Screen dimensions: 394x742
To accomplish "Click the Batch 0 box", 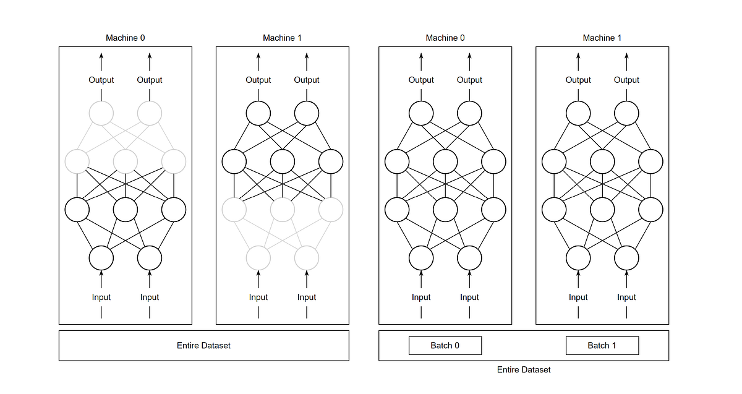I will point(445,345).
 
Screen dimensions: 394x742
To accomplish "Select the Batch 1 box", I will point(602,345).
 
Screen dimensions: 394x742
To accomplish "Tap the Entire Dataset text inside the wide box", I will point(203,345).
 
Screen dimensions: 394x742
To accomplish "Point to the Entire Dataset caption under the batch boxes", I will point(523,369).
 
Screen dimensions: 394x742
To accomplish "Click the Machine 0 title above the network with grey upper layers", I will point(126,38).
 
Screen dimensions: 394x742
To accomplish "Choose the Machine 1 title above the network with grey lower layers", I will point(283,38).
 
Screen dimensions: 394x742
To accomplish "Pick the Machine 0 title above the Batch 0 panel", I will point(445,38).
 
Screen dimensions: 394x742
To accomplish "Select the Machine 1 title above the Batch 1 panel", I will point(602,38).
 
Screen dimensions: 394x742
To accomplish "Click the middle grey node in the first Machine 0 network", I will point(126,162).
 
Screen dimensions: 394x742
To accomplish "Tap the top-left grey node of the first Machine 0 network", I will point(101,113).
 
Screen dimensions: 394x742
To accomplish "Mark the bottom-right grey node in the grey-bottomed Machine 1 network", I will point(307,257).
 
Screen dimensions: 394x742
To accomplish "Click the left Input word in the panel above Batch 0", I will point(421,297).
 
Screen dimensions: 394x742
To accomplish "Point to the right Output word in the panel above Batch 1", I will point(626,80).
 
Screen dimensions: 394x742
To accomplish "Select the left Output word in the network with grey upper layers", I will point(101,80).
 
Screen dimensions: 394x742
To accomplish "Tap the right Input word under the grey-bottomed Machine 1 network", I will point(307,297).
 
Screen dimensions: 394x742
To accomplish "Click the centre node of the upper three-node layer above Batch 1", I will point(602,162).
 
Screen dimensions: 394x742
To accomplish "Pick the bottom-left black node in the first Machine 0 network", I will point(101,257).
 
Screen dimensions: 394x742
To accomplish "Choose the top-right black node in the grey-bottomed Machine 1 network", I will point(307,113).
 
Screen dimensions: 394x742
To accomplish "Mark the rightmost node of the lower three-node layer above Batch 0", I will point(493,210).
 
